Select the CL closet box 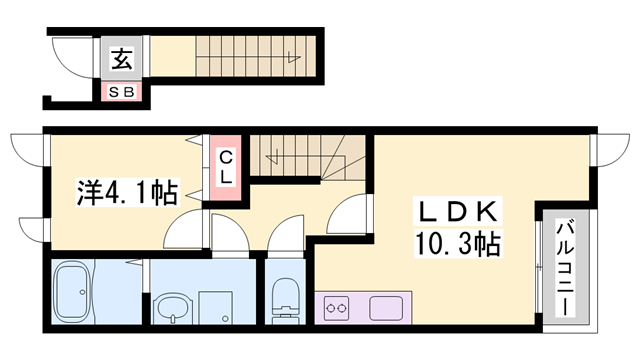[226, 168]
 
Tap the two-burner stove [334, 308]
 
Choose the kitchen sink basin [386, 308]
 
